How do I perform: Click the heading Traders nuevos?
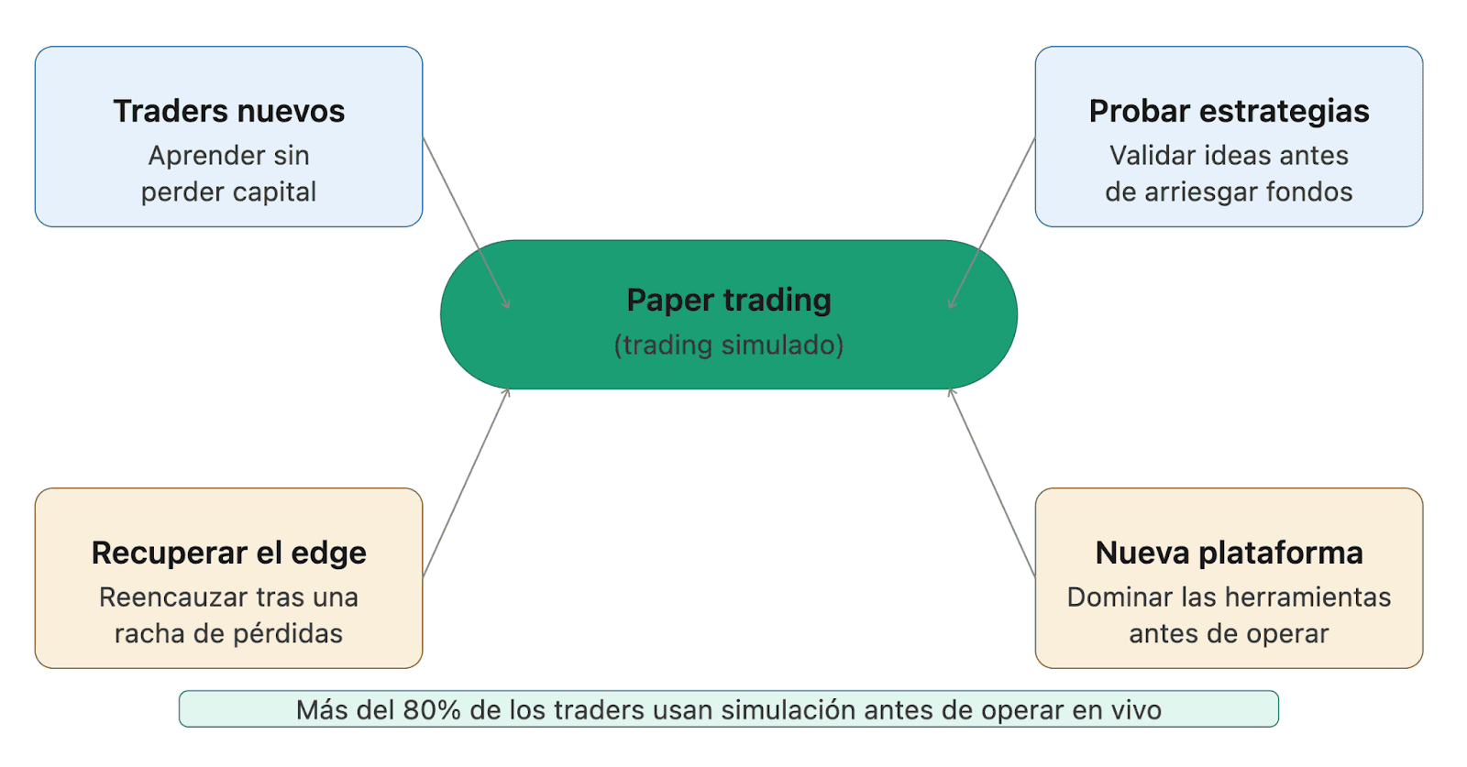click(228, 111)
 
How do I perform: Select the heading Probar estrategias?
click(1229, 111)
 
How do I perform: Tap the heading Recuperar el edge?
click(228, 553)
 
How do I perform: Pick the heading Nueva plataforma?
click(1229, 553)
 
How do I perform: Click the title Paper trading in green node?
click(729, 300)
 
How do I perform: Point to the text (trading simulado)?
click(729, 345)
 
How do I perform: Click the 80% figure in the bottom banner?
click(431, 710)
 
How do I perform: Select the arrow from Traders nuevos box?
click(466, 223)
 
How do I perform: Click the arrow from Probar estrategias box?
click(992, 223)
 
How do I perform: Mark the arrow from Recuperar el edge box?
click(466, 483)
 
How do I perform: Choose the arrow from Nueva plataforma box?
click(992, 483)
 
